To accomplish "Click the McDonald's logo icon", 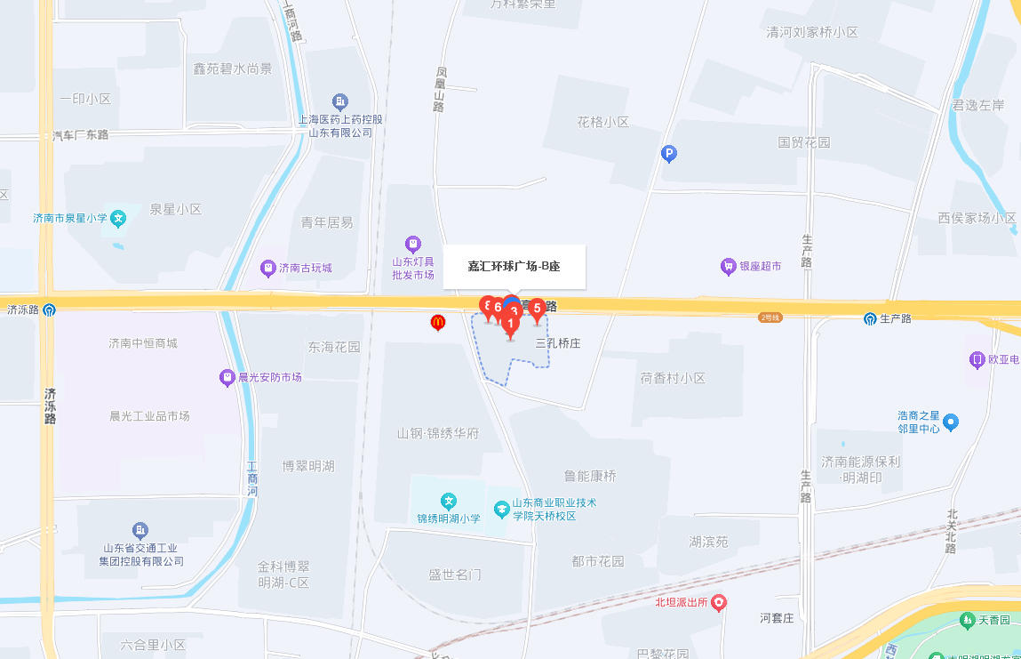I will [437, 323].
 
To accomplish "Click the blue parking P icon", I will [670, 154].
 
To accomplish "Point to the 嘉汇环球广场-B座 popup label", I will [514, 266].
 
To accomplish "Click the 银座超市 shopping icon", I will [729, 266].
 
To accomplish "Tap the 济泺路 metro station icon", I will [49, 310].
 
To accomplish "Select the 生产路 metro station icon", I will [871, 318].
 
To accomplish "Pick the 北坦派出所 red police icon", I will [719, 603].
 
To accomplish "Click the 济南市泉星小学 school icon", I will [119, 218].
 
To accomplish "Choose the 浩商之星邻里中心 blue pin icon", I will [951, 422].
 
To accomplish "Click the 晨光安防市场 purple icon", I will [227, 378].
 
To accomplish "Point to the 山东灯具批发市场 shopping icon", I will [412, 244].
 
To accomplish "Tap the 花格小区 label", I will [602, 122].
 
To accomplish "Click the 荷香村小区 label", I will [673, 378].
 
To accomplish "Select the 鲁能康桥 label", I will [589, 476].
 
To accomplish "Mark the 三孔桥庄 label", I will [558, 342].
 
